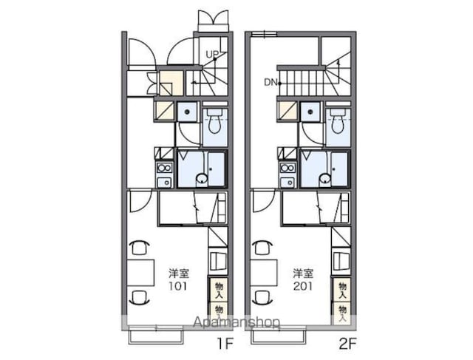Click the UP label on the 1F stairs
point(212,54)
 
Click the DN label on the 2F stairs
point(270,82)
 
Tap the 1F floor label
point(225,344)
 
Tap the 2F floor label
point(348,344)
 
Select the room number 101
point(178,286)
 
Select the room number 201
point(303,286)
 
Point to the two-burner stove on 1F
point(164,168)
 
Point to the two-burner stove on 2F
point(288,168)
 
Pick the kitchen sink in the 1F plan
point(164,183)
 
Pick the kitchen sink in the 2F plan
point(288,183)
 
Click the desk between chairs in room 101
point(140,273)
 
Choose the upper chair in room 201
point(262,248)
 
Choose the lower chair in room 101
point(139,297)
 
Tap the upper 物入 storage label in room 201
point(342,290)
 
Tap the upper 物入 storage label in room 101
point(219,290)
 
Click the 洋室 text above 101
point(179,273)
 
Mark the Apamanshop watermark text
point(236,322)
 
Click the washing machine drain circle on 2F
point(310,112)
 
